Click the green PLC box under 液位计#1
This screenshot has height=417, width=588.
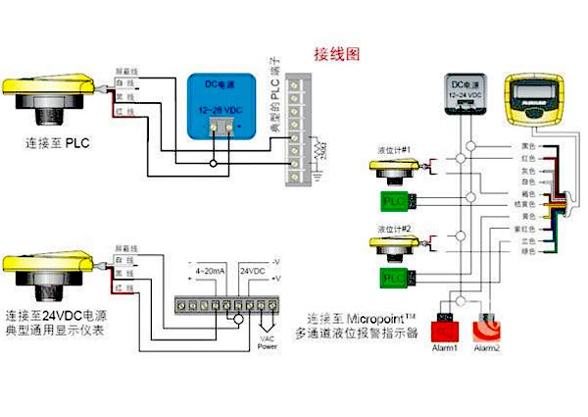point(394,202)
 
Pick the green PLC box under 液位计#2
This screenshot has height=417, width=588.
point(394,279)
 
